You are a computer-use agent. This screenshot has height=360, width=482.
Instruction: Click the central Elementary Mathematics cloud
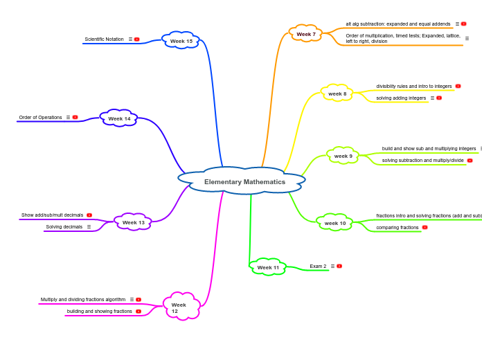(244, 181)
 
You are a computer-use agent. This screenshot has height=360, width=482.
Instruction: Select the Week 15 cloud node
(181, 41)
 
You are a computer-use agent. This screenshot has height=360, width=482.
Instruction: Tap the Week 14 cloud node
(119, 118)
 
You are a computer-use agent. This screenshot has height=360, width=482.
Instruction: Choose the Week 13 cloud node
(134, 222)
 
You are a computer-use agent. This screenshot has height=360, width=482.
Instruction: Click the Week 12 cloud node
(181, 307)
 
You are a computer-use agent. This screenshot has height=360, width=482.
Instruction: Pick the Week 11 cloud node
(268, 267)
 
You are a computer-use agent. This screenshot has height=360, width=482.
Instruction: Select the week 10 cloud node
(335, 223)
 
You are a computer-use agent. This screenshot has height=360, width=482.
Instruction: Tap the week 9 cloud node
(343, 156)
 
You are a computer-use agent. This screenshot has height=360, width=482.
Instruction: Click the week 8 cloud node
(337, 93)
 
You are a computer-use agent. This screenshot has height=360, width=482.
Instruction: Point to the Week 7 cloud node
(306, 34)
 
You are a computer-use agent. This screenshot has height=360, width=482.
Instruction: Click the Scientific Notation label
(104, 39)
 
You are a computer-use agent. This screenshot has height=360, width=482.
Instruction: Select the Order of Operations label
(40, 117)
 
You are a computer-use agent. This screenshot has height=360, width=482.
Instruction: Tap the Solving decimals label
(64, 226)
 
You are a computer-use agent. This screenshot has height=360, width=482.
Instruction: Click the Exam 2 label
(318, 266)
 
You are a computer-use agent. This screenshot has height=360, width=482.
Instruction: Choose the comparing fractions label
(398, 227)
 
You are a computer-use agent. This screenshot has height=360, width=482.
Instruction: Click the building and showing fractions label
(99, 311)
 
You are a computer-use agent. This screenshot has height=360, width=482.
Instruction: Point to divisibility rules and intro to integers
(414, 87)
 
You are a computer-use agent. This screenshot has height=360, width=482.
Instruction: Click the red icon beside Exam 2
(339, 266)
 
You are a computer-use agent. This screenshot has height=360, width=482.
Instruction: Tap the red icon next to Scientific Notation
(137, 39)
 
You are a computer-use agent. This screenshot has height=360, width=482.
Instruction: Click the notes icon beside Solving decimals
(89, 226)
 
